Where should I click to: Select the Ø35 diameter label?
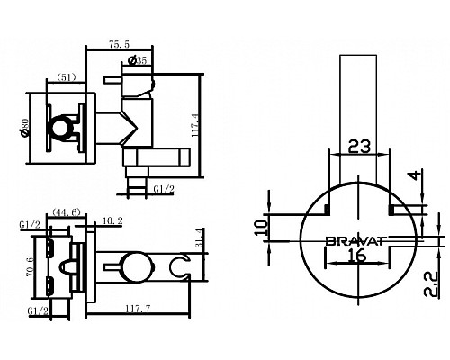tap(139, 61)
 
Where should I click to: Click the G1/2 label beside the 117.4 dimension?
tap(163, 190)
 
